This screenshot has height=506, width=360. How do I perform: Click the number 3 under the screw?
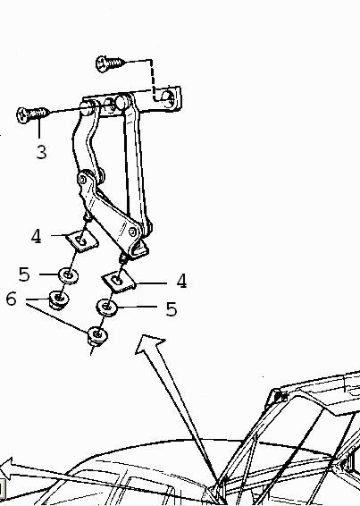41,152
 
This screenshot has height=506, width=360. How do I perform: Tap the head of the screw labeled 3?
22,115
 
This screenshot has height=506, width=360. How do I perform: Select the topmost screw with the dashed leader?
111,63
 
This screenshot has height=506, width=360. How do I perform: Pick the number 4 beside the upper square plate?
37,236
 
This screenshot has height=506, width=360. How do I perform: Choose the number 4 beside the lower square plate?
181,281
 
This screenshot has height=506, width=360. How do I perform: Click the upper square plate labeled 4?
82,240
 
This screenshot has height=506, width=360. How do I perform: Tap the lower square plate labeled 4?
119,281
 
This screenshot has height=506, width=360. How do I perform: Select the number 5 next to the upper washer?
24,274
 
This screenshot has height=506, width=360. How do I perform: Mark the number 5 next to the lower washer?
172,309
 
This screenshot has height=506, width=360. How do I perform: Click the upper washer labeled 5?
69,275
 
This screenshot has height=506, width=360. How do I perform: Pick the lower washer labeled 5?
107,307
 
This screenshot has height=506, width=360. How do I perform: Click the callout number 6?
12,299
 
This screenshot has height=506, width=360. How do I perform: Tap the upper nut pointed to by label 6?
58,299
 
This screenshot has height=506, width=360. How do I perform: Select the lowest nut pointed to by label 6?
97,336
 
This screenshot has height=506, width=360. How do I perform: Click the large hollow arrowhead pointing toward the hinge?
149,344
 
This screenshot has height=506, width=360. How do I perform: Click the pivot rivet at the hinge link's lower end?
132,231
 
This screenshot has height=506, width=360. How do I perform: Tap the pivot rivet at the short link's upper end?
82,179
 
